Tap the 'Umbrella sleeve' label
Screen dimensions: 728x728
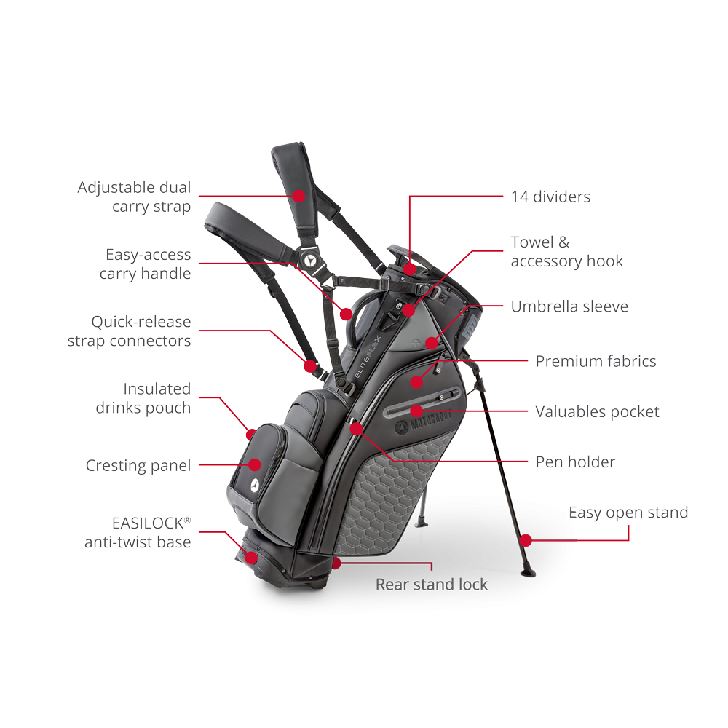(569, 306)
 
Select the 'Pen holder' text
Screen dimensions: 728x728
(575, 462)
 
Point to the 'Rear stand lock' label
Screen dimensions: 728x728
(432, 585)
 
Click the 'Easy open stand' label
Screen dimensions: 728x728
(628, 513)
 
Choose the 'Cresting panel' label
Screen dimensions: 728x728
(138, 465)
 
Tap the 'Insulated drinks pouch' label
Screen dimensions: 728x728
(143, 398)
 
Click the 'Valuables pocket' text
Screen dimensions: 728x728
(597, 412)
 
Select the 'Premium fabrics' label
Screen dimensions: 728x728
(596, 361)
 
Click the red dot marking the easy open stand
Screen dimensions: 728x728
(526, 540)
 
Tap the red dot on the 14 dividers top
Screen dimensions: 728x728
(411, 269)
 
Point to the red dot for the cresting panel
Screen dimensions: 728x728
(255, 464)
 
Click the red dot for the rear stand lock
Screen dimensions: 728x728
(336, 563)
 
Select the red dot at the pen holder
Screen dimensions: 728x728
(356, 428)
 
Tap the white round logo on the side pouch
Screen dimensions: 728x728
(255, 484)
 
